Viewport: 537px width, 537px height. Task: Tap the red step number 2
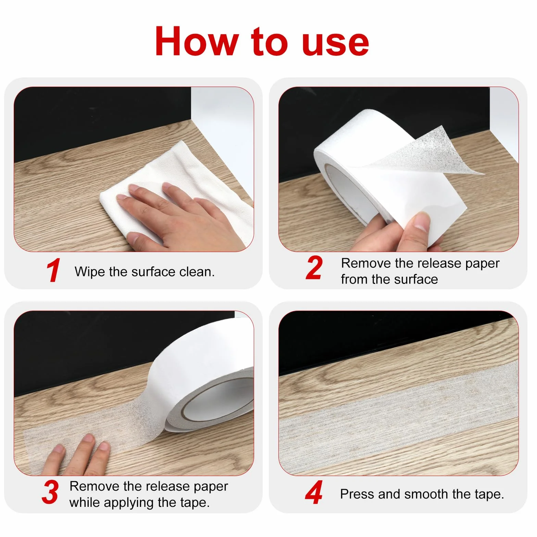point(314,268)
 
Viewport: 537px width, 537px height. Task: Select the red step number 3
point(50,492)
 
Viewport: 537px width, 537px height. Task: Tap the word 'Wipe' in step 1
point(90,272)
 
